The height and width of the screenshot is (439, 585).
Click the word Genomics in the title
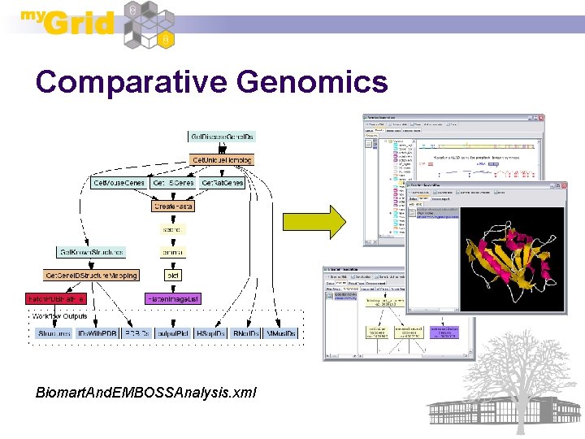pos(313,82)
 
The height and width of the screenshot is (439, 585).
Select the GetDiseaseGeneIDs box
pos(221,137)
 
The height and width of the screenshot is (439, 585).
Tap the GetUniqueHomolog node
pos(222,159)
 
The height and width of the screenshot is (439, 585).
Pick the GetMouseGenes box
pos(119,183)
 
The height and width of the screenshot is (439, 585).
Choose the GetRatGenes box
pos(222,183)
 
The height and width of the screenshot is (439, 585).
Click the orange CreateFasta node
pos(174,206)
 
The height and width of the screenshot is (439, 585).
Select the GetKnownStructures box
pos(90,252)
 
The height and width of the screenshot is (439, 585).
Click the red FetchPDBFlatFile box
pos(55,298)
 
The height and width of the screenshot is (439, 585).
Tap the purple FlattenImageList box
pos(172,298)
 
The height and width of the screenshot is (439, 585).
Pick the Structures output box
pos(54,333)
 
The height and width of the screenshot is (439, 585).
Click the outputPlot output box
pos(175,333)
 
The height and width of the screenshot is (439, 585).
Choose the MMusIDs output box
pos(280,333)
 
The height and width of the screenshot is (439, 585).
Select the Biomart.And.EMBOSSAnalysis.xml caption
pos(145,393)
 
